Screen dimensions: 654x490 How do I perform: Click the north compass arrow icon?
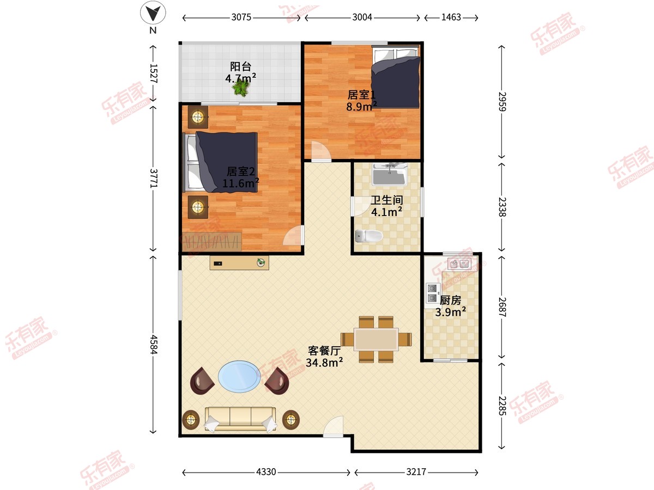pos(153,13)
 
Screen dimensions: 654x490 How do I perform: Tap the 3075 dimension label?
pos(241,17)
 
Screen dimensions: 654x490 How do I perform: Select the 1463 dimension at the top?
pos(451,17)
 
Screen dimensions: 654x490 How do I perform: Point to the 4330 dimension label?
pos(266,472)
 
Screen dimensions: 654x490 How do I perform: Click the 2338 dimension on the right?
pos(502,207)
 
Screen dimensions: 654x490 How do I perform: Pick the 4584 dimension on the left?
pos(153,345)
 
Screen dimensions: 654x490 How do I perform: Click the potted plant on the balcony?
pos(241,88)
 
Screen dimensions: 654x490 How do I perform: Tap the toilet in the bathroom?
pos(369,236)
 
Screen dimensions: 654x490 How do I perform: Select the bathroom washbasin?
pos(390,174)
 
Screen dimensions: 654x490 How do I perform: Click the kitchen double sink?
pos(459,264)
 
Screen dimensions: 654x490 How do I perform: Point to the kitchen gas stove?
pos(433,293)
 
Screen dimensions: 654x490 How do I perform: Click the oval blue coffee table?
pos(240,377)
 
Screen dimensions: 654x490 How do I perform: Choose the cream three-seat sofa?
pos(240,419)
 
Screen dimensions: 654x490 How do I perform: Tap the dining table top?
pos(376,339)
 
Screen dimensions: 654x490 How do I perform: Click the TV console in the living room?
pos(239,263)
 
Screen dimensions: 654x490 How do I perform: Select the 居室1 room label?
pos(361,95)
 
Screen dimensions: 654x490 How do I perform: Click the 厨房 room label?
pos(451,301)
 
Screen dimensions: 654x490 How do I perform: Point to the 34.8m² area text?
pos(324,363)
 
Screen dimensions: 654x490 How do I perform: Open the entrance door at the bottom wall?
pos(333,426)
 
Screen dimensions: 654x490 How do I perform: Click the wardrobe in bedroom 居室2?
pos(211,242)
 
